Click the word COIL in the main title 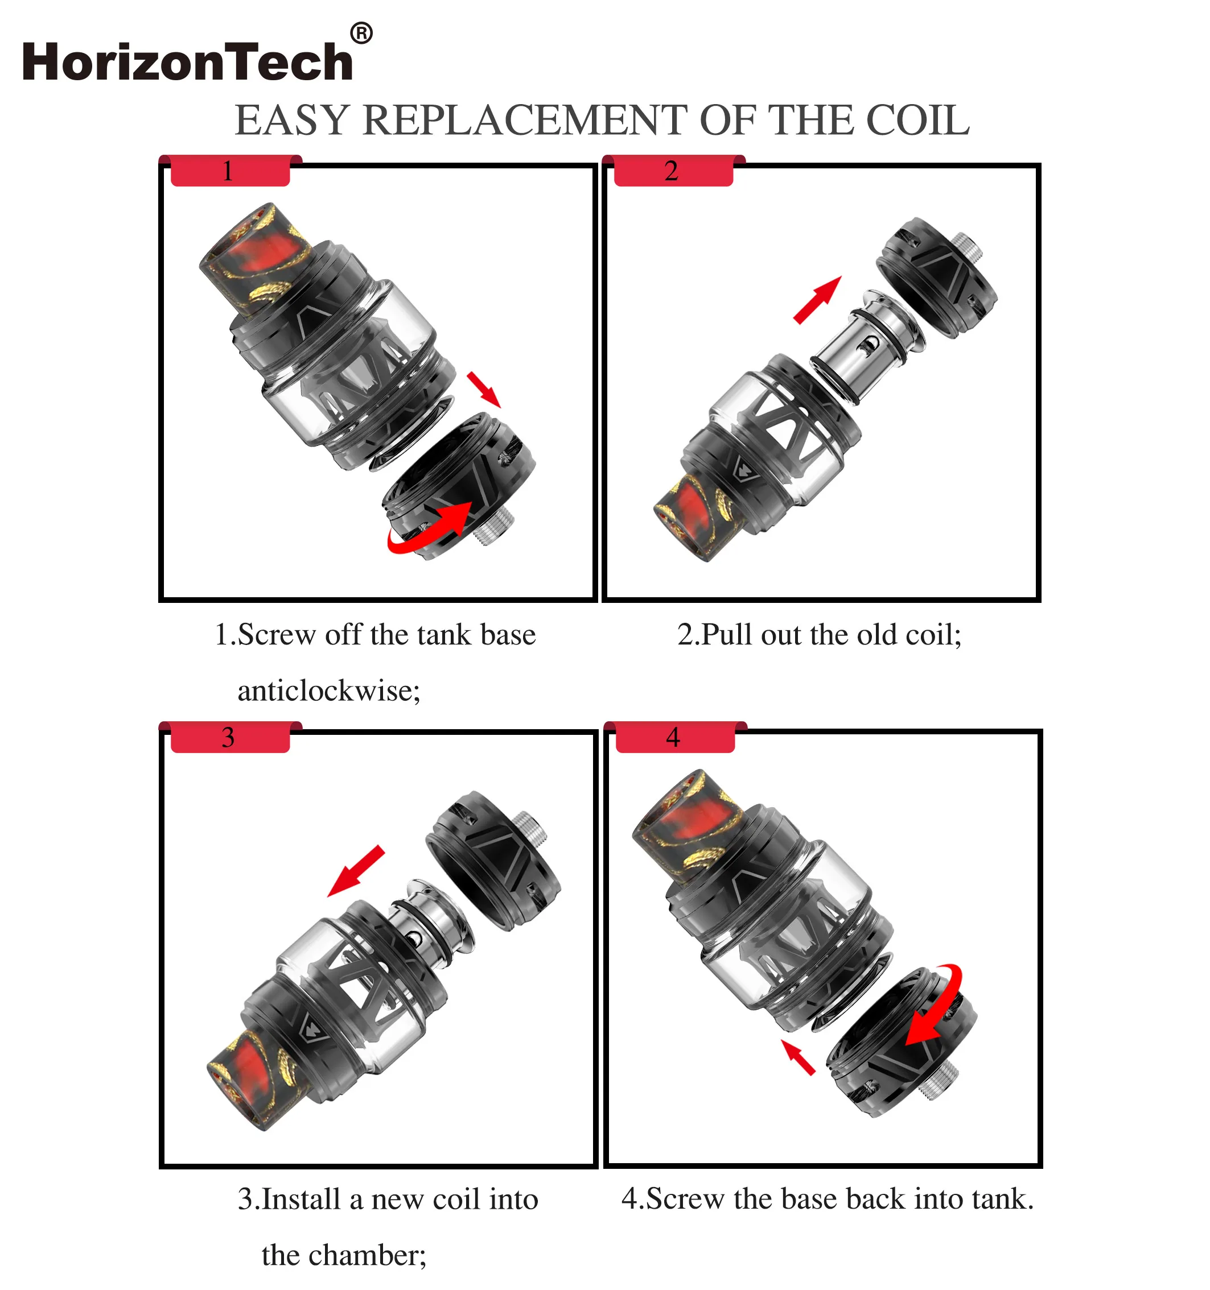click(x=918, y=120)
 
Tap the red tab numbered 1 click(x=231, y=171)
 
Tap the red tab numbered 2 click(x=674, y=171)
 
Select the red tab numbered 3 click(x=231, y=737)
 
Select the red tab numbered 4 click(x=675, y=737)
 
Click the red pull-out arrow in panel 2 click(x=817, y=300)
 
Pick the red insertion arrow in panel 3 click(x=356, y=871)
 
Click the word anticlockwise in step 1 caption click(x=328, y=691)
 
